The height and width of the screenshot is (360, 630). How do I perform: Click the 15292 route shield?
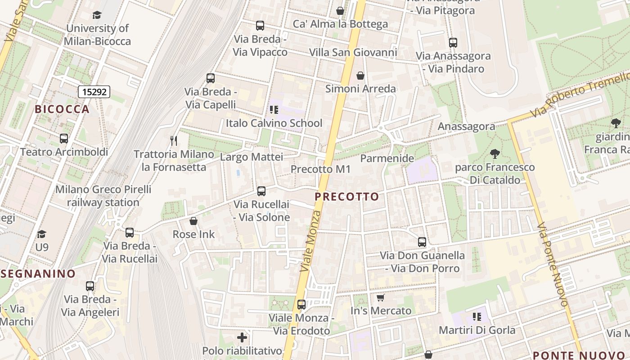(94, 92)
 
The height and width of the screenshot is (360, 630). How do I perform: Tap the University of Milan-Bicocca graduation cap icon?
(97, 15)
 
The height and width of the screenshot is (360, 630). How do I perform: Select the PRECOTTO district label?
(346, 197)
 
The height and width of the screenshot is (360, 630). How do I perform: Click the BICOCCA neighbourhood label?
(62, 109)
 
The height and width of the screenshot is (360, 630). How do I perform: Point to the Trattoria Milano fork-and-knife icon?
(174, 140)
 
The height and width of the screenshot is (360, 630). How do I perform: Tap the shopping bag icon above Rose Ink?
(193, 221)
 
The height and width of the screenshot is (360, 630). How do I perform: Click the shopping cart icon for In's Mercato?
(381, 297)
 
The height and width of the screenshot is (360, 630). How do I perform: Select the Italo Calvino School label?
(274, 123)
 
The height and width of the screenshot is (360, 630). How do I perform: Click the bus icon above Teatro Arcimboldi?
(64, 138)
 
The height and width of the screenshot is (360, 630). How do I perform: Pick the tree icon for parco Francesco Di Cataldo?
(495, 154)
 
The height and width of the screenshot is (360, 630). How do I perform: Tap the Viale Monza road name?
(311, 241)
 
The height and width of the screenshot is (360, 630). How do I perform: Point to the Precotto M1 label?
(320, 169)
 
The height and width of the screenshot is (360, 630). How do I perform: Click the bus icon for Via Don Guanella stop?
(422, 242)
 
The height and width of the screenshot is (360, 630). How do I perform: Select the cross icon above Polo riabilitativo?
(242, 337)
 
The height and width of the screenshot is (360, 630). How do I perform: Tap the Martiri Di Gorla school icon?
(477, 317)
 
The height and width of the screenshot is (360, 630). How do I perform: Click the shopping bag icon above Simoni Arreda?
(360, 75)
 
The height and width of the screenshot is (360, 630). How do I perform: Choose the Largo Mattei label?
(251, 157)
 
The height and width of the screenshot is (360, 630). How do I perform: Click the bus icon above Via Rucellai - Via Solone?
(261, 191)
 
